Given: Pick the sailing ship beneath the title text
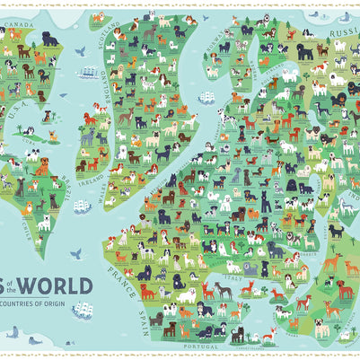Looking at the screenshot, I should pyautogui.click(x=83, y=311).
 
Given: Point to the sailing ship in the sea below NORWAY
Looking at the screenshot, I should pyautogui.click(x=206, y=96).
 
